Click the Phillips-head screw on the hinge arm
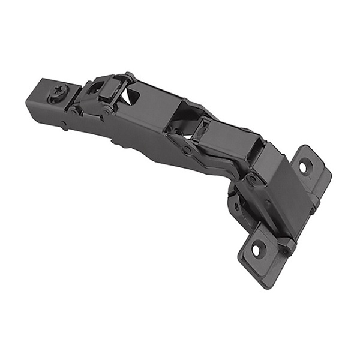pos(60,93)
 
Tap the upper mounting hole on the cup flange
pos(304,166)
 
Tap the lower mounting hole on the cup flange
pos(256,248)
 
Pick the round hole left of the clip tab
pos(95,88)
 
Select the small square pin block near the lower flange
pos(287,246)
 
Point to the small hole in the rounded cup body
pos(236,206)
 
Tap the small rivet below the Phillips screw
pos(64,125)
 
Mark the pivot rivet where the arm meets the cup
pos(251,178)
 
